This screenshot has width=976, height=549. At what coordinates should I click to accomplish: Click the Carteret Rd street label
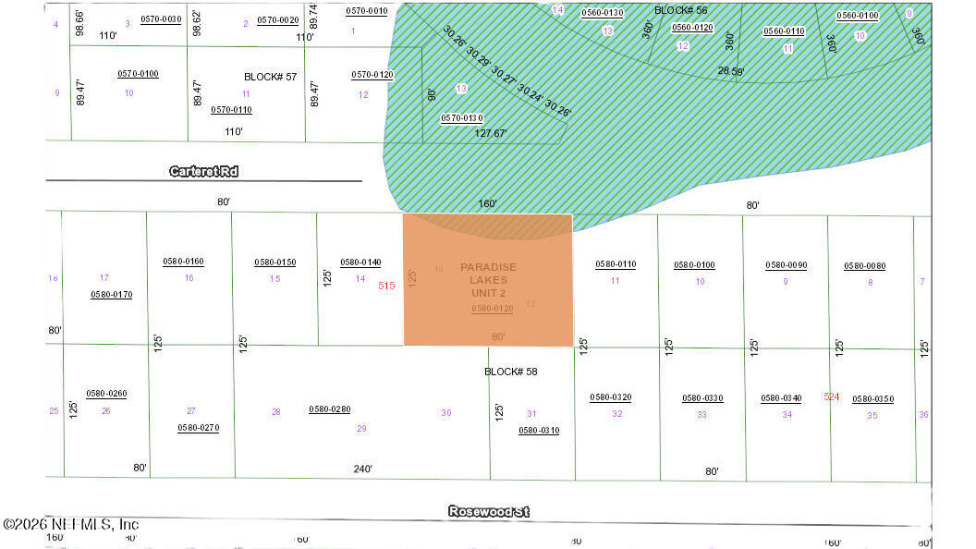(204, 172)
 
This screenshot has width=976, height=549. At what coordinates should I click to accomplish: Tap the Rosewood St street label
(489, 511)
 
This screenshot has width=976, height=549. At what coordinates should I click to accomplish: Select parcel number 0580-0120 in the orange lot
(492, 309)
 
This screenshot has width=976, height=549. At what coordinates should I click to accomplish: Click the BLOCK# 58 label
(510, 372)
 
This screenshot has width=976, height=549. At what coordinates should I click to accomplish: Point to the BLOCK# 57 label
(270, 77)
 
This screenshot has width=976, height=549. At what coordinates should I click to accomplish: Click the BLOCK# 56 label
(680, 10)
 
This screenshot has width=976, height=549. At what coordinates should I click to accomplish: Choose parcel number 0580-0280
(329, 409)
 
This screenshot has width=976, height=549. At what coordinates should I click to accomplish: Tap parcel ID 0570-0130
(461, 117)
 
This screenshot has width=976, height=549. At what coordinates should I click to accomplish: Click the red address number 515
(386, 286)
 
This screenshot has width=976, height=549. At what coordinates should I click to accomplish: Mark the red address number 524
(831, 396)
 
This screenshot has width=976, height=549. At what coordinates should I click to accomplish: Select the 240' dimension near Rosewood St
(362, 469)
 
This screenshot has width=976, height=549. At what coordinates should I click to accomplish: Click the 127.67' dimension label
(491, 133)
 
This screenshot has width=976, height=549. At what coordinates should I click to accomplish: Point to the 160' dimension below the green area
(487, 203)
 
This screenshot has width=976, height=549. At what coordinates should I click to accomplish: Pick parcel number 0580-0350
(872, 399)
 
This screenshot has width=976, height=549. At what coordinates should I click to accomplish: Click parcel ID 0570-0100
(138, 74)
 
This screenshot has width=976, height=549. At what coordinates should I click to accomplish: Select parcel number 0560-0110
(783, 31)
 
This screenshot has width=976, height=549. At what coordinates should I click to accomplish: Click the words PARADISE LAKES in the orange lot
(488, 273)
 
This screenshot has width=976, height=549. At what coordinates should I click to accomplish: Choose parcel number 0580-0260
(106, 394)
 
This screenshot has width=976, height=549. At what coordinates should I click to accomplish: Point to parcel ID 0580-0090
(786, 265)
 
